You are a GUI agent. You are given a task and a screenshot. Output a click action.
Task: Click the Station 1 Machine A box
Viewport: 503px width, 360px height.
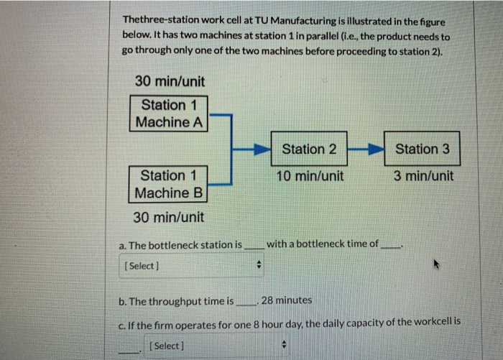(x=170, y=114)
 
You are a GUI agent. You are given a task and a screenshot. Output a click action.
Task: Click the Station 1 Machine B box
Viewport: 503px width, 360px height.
(x=170, y=184)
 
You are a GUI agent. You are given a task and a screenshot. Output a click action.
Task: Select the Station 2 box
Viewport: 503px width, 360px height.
(x=309, y=149)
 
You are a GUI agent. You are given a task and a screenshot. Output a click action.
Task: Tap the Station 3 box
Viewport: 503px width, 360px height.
(x=422, y=149)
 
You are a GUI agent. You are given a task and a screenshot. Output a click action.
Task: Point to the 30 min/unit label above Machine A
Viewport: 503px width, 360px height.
(x=170, y=81)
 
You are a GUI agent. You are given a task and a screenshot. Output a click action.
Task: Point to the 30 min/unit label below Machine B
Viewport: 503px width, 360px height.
(x=169, y=217)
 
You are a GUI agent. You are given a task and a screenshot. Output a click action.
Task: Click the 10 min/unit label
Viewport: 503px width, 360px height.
(x=309, y=176)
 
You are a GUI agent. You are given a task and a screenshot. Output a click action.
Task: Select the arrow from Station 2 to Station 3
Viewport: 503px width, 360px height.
(x=366, y=149)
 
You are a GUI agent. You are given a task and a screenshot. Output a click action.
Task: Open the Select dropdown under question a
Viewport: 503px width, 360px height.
(x=190, y=266)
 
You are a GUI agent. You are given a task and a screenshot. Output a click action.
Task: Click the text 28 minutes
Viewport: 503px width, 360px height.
(x=287, y=300)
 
